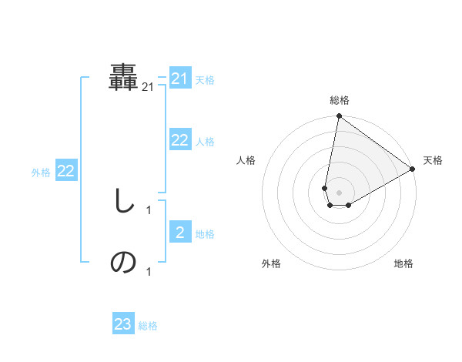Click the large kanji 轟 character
124,77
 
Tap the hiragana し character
122,202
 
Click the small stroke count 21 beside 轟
148,88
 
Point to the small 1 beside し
149,209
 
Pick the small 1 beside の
149,271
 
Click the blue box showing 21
179,79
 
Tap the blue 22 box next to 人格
179,140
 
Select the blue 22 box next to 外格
65,171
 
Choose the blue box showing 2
179,233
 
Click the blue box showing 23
122,324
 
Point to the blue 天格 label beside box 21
205,80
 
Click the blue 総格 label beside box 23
148,326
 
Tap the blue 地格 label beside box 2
205,234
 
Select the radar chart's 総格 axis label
340,100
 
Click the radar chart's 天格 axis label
433,160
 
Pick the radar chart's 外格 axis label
271,263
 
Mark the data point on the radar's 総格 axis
339,116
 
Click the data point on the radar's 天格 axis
413,169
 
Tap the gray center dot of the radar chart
339,193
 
